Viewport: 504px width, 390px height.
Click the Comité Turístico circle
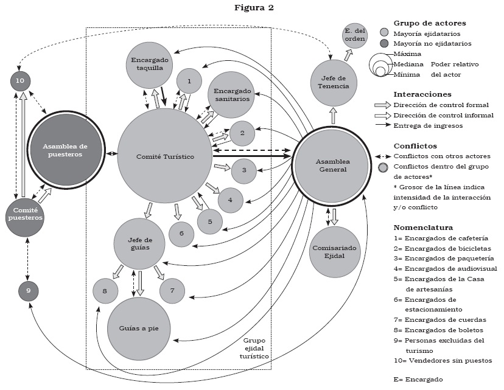pyautogui.click(x=165, y=157)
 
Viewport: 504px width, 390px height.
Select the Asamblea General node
pyautogui.click(x=331, y=165)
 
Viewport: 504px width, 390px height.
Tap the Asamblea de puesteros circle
pyautogui.click(x=66, y=150)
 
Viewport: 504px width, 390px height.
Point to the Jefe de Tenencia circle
pyautogui.click(x=333, y=82)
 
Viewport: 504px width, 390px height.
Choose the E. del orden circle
pyautogui.click(x=354, y=35)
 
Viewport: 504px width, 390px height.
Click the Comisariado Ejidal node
pyautogui.click(x=331, y=252)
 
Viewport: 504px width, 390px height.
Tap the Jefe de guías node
pyautogui.click(x=139, y=243)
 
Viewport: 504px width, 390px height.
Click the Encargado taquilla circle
pyautogui.click(x=150, y=64)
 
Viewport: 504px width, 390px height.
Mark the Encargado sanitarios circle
pyautogui.click(x=231, y=94)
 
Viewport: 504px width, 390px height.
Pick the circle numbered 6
pyautogui.click(x=181, y=233)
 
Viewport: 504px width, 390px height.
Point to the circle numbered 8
pyautogui.click(x=105, y=291)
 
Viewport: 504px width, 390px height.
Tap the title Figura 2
pyautogui.click(x=251, y=8)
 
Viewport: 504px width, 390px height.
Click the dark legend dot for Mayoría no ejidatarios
pyautogui.click(x=384, y=43)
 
